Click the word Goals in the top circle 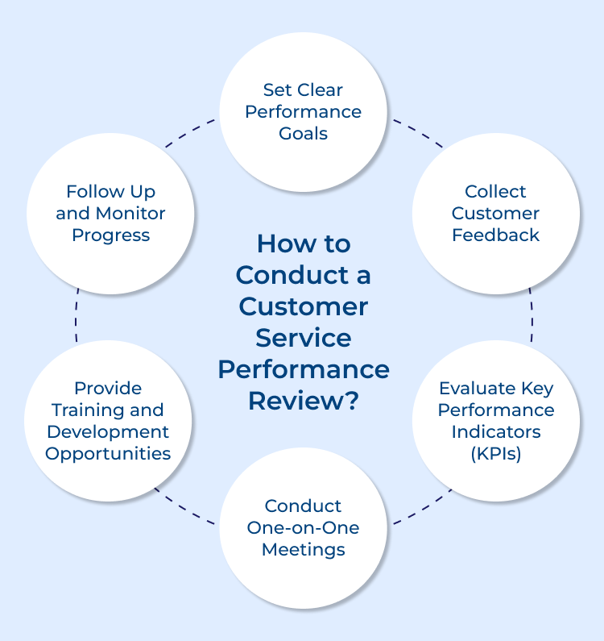point(303,134)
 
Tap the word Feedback point(495,235)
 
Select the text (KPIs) point(495,453)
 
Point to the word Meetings point(303,550)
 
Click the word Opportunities point(108,453)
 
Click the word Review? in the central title point(303,401)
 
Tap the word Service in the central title point(303,338)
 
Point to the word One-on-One point(303,528)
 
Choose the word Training point(109,410)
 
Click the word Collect point(495,192)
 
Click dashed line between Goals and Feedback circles point(417,134)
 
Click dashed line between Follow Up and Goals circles point(190,134)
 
